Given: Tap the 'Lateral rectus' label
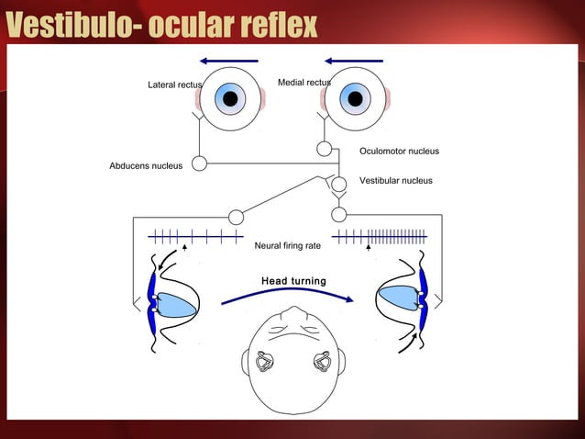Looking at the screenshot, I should click(174, 85).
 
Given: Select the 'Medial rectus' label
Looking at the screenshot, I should click(304, 83).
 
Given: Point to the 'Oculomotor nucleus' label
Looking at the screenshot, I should click(399, 151).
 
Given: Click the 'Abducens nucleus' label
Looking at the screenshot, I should click(146, 165).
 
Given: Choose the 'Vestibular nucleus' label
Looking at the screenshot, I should click(395, 181).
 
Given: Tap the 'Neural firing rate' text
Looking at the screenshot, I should click(287, 245).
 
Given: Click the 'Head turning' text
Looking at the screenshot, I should click(293, 280).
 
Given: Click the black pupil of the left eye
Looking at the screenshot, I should click(231, 98).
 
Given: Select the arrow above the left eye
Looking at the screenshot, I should click(228, 61).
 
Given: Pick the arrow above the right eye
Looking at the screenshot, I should click(353, 61).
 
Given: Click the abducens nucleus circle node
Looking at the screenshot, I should click(199, 163).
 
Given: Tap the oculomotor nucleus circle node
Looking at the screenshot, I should click(324, 149).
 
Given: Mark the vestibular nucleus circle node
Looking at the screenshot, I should click(338, 184).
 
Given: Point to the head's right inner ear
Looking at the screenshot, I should click(322, 362).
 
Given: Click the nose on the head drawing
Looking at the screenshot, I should click(293, 314).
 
